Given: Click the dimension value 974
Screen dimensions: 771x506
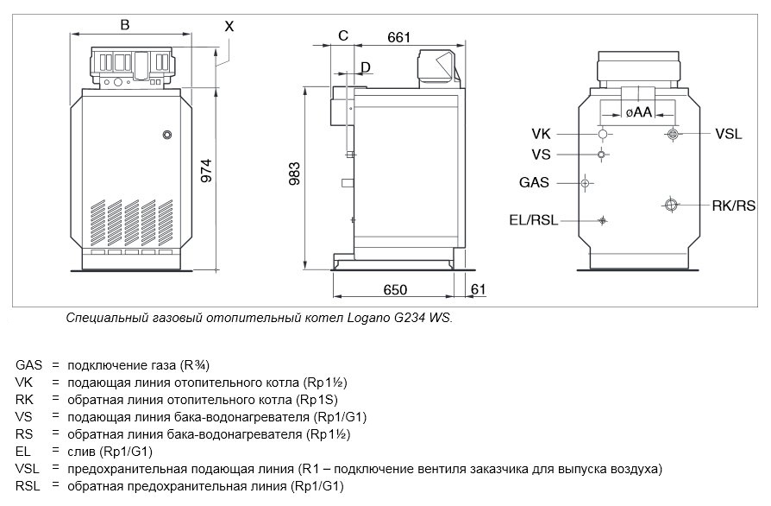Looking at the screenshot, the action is (207, 170).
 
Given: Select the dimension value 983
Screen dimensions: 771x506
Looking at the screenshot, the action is (294, 174).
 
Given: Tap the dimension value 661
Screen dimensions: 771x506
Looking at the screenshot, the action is (398, 37).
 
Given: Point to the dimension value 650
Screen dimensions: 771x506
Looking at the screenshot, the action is (395, 289).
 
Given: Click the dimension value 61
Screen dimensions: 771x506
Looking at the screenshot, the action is (478, 289).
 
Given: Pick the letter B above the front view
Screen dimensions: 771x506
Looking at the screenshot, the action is (125, 25).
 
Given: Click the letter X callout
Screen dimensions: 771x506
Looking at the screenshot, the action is (229, 26).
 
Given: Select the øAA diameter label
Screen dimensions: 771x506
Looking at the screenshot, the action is (639, 112).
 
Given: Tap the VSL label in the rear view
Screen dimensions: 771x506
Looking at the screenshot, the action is (728, 134).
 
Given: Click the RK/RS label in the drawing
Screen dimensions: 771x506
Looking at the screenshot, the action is (734, 206).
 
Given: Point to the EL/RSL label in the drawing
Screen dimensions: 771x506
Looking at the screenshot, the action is (534, 220).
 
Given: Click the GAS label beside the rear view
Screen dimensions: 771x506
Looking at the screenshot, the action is (534, 182).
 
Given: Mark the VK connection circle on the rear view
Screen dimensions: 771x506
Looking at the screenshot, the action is (603, 134).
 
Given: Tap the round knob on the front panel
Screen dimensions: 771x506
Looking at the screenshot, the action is (167, 135).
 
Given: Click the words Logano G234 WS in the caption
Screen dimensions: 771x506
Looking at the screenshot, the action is (398, 318).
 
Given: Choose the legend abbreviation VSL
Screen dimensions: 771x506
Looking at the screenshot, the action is (27, 469).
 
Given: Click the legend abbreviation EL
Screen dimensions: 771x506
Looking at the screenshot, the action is (22, 452).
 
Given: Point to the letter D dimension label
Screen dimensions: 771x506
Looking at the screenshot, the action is (366, 67).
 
